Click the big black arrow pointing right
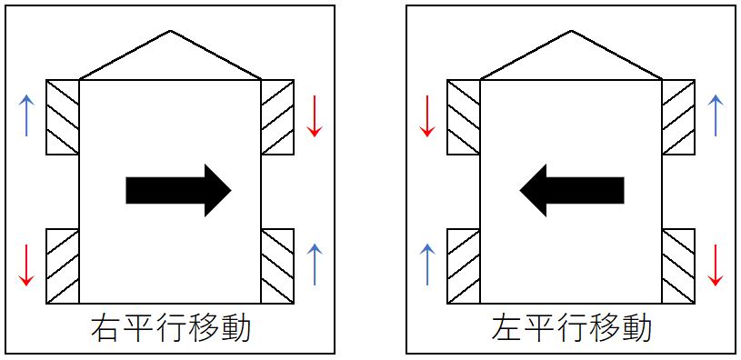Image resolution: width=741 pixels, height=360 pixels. (x=178, y=190)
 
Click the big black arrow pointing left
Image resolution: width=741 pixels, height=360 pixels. (x=572, y=190)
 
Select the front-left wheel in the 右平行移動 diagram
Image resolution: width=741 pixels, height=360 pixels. (x=63, y=117)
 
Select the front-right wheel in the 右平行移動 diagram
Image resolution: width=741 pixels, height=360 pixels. (x=277, y=117)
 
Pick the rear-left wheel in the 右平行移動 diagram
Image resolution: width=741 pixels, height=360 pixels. (x=63, y=265)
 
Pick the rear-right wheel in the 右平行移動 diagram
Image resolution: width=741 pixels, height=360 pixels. (x=277, y=265)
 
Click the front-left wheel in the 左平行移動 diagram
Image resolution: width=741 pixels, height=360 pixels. (x=464, y=117)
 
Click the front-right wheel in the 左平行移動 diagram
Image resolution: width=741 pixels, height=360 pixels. (x=678, y=117)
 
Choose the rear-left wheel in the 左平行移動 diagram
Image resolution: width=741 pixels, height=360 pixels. (x=464, y=265)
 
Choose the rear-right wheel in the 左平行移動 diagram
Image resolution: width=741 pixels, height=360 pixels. (x=678, y=265)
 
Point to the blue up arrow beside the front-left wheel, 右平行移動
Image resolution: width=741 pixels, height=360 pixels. (x=27, y=115)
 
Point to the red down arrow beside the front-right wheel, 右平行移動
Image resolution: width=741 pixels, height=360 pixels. (x=314, y=115)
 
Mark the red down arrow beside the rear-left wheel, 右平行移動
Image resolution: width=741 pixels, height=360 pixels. (x=25, y=265)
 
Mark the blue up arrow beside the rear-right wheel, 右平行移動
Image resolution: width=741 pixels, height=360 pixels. (x=314, y=265)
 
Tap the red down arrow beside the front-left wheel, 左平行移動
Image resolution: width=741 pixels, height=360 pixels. (x=427, y=115)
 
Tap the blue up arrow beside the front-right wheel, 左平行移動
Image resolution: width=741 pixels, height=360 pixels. (x=716, y=115)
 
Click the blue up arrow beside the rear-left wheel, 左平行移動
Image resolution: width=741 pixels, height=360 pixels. (x=427, y=265)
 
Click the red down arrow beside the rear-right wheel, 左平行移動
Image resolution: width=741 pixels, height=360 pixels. (x=716, y=265)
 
